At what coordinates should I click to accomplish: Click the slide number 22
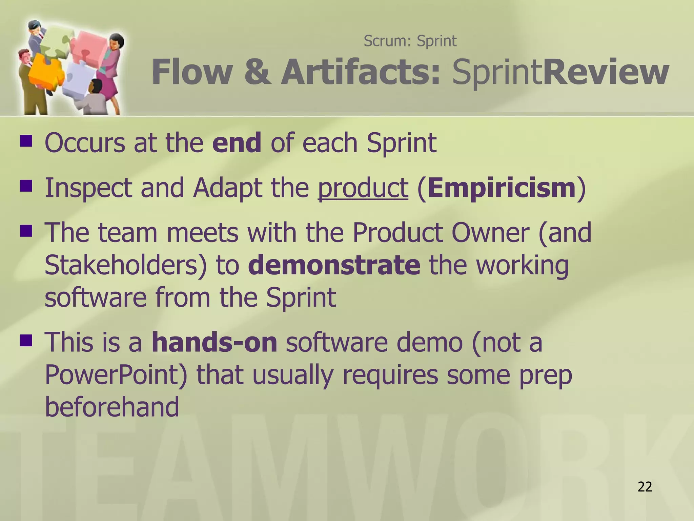click(645, 487)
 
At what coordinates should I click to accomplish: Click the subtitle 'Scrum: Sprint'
click(410, 41)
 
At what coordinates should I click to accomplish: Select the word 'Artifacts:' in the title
click(361, 72)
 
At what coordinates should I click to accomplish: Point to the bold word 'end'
click(237, 143)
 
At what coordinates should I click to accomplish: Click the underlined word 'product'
click(363, 188)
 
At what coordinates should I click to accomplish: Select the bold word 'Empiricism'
click(502, 188)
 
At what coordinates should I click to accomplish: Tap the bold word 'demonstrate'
click(334, 265)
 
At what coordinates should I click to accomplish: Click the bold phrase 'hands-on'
click(214, 343)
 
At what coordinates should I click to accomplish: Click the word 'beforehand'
click(112, 407)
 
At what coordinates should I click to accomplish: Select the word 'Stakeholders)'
click(125, 265)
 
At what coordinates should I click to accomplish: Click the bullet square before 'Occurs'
click(26, 141)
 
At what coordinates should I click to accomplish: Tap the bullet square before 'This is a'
click(26, 340)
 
